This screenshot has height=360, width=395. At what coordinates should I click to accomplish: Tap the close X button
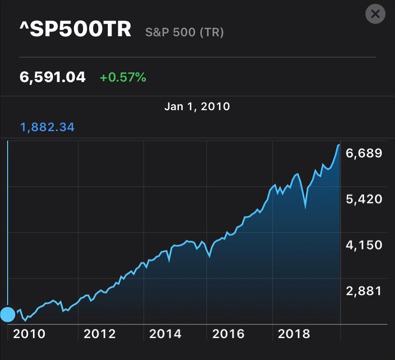click(375, 14)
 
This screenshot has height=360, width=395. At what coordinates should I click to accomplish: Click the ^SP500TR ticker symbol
click(75, 30)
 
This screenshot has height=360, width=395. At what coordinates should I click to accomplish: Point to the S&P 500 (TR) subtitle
click(184, 32)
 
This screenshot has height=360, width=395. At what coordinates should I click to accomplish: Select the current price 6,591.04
click(52, 77)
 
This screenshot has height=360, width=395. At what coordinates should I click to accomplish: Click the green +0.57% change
click(123, 77)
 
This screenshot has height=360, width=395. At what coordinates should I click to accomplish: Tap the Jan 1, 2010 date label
click(197, 106)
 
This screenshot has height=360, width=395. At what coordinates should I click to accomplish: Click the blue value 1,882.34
click(47, 127)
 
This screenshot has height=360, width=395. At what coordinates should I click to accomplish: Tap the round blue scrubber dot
click(8, 315)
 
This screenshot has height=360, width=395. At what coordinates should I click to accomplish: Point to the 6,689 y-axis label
click(364, 153)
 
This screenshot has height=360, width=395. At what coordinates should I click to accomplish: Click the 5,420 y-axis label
click(364, 199)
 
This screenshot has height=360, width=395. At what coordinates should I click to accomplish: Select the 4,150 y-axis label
click(364, 245)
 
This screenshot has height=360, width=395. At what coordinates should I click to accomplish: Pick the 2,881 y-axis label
click(364, 290)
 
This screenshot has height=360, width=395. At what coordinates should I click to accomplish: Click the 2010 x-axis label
click(30, 334)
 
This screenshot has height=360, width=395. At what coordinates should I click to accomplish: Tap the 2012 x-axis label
click(100, 334)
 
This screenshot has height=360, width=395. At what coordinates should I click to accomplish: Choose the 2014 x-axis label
click(165, 334)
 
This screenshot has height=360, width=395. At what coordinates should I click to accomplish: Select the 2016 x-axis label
click(229, 334)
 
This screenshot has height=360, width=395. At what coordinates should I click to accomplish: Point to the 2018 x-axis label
click(294, 334)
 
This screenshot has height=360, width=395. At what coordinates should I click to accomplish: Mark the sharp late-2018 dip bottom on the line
click(305, 206)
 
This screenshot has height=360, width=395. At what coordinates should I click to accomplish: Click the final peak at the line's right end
click(339, 144)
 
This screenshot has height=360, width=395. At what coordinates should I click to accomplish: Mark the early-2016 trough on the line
click(209, 257)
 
